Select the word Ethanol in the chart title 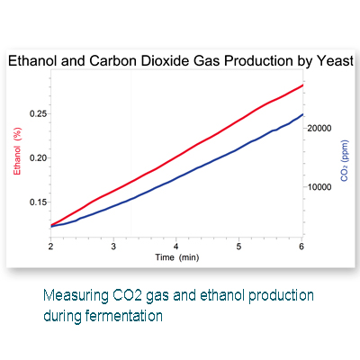coord(32,61)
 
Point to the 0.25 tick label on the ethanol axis coord(39,114)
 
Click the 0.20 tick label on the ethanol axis coord(39,157)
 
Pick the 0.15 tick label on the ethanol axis coord(39,202)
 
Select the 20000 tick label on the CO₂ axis coord(319,129)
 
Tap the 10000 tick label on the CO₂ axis coord(319,187)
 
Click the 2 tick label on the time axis coord(50,247)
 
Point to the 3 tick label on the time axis coord(113,247)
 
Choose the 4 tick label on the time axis coord(176,247)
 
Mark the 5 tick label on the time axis coord(238,247)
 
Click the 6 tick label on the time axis coord(301,247)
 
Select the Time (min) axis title coord(177,257)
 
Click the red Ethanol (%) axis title coord(17,151)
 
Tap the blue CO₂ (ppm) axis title coord(345,160)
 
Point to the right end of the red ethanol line coord(302,85)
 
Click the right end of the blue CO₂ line coord(302,114)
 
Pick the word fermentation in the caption coord(124,316)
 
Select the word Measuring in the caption coord(76,296)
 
